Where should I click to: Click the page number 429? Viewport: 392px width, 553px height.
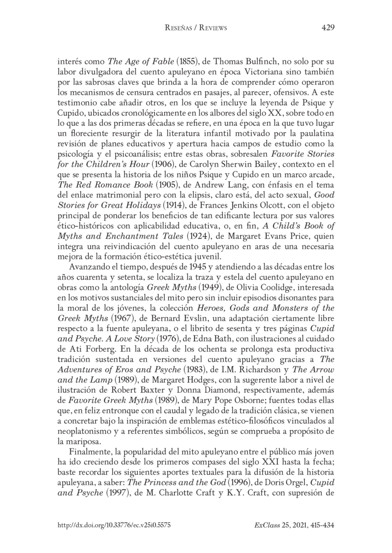click(327, 28)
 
